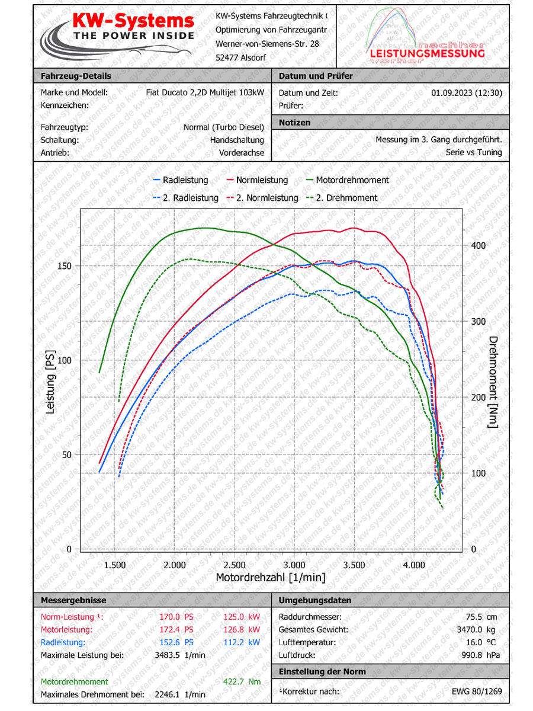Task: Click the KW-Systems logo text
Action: pyautogui.click(x=133, y=22)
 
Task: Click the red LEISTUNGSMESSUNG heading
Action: pyautogui.click(x=426, y=53)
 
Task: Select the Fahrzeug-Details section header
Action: pyautogui.click(x=75, y=76)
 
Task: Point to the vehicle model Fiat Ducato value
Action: pyautogui.click(x=205, y=92)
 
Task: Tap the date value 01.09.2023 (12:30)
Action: pyautogui.click(x=467, y=92)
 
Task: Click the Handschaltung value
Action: pyautogui.click(x=237, y=140)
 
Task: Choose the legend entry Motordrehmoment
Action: pyautogui.click(x=352, y=180)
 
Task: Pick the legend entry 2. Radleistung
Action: pyautogui.click(x=190, y=198)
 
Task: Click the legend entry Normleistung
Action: pyautogui.click(x=262, y=180)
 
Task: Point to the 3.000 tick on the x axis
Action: pyautogui.click(x=294, y=565)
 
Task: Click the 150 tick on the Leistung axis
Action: pyautogui.click(x=64, y=266)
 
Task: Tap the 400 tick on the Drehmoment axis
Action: pyautogui.click(x=478, y=245)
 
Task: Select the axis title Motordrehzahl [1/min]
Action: pyautogui.click(x=271, y=577)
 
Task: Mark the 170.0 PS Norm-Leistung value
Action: pyautogui.click(x=176, y=617)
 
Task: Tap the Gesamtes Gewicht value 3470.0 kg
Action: pyautogui.click(x=477, y=630)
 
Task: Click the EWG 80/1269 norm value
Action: pyautogui.click(x=477, y=691)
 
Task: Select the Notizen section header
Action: pyautogui.click(x=294, y=122)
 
